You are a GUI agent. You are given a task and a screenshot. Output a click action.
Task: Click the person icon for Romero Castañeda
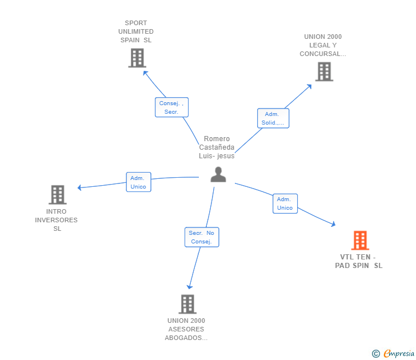click(x=218, y=174)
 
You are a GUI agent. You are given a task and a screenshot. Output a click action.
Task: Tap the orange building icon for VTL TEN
click(x=360, y=241)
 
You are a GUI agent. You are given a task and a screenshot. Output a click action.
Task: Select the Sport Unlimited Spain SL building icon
click(x=137, y=58)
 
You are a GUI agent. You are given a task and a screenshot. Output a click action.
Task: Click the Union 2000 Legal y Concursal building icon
click(x=324, y=71)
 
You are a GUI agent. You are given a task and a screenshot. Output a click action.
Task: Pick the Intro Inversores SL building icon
click(x=58, y=195)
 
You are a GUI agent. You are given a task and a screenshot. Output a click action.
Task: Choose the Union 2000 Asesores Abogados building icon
click(x=187, y=304)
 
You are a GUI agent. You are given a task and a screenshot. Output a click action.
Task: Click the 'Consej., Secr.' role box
click(x=171, y=107)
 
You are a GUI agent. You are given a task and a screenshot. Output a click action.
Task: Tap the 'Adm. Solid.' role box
click(x=273, y=118)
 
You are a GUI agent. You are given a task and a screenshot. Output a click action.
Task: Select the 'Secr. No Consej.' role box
click(x=202, y=237)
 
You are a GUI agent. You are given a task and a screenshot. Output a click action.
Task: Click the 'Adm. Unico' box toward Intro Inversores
click(x=138, y=182)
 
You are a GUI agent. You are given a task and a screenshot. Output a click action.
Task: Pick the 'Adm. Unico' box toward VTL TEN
click(x=285, y=203)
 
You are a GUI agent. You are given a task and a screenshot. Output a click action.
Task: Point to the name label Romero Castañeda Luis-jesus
click(x=217, y=147)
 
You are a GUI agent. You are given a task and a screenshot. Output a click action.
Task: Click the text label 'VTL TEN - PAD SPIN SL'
click(x=359, y=261)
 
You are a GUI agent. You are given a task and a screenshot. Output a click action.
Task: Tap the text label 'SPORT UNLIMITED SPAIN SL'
click(x=136, y=31)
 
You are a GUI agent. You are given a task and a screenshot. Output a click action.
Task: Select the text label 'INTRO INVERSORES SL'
click(x=57, y=220)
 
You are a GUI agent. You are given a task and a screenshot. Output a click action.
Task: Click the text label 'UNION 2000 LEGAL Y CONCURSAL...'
click(x=323, y=45)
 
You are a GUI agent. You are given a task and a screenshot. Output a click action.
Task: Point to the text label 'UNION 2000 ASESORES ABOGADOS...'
click(x=186, y=329)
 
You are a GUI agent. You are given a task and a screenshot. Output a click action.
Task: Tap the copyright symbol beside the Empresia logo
click(x=376, y=354)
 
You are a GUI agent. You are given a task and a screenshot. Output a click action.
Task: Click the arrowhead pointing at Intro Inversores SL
click(x=80, y=187)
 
